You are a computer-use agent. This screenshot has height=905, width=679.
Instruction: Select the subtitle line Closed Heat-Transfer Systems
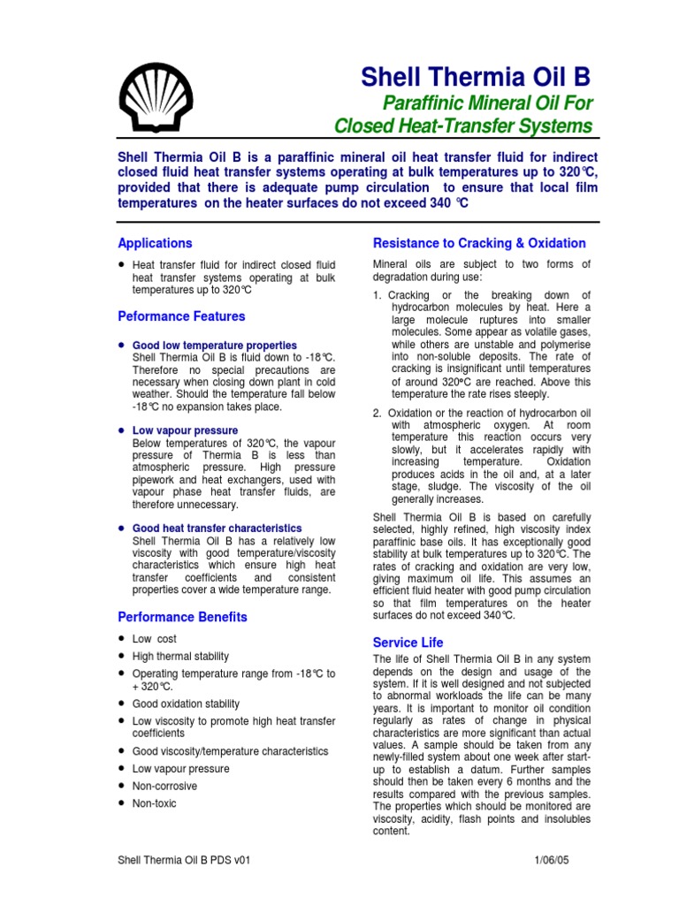(x=463, y=125)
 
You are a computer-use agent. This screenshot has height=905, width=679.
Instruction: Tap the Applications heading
(x=155, y=243)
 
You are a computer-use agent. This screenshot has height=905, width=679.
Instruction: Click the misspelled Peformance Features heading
(x=181, y=316)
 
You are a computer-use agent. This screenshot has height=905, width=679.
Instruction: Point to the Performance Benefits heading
(x=182, y=617)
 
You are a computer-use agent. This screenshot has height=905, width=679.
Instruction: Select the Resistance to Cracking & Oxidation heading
(x=479, y=243)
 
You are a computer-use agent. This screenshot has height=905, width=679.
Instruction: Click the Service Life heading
(x=408, y=643)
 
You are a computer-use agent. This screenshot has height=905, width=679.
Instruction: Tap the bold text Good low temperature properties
(x=214, y=345)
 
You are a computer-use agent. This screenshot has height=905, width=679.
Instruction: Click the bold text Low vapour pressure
(x=185, y=430)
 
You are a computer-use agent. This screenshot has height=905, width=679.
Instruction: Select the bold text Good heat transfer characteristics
(x=217, y=528)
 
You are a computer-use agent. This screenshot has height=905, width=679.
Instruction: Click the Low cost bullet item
(x=155, y=638)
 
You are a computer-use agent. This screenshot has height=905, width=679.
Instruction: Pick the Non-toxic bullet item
(x=154, y=803)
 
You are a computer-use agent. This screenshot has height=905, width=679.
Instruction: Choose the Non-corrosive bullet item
(x=164, y=786)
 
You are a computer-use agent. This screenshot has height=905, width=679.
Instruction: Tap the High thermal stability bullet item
(x=180, y=656)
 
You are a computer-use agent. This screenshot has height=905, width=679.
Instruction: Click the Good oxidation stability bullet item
(x=186, y=703)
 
